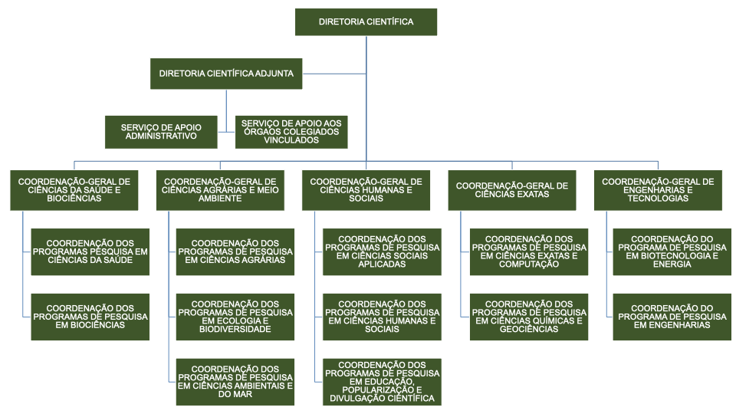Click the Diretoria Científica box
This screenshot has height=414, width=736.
366,22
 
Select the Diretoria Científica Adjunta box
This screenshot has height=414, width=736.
226,74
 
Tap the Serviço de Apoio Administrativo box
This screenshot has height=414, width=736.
160,131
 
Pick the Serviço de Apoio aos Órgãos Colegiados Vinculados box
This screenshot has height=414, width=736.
291,131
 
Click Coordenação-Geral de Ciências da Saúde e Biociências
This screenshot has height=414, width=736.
74,190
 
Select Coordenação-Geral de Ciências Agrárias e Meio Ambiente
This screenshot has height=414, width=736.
220,190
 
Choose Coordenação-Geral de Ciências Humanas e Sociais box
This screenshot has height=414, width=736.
366,190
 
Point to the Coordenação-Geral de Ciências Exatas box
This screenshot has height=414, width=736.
512,190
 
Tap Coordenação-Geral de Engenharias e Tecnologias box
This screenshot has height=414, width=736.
658,190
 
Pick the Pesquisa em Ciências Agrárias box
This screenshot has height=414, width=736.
235,251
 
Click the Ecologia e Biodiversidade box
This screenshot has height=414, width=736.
235,317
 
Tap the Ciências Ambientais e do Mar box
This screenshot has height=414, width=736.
235,382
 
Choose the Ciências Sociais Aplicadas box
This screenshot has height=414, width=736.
382,251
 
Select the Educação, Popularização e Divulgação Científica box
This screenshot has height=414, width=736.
382,382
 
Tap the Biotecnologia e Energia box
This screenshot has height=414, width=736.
672,251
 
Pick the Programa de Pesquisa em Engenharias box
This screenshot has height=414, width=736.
672,317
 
